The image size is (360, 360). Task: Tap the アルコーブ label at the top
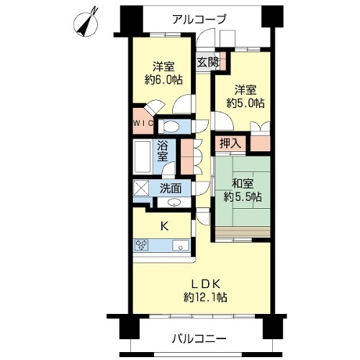click(x=199, y=19)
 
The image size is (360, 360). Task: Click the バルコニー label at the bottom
click(x=199, y=339)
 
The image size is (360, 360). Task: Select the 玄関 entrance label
click(x=208, y=62)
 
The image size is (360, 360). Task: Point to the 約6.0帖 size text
click(x=163, y=80)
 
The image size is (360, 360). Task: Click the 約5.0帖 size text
click(x=246, y=103)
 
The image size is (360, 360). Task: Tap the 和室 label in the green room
click(x=243, y=184)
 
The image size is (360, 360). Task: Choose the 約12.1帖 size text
click(x=205, y=297)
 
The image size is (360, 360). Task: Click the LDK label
click(x=205, y=284)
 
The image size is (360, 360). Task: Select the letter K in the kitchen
click(x=164, y=226)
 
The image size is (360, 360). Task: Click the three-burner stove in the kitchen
click(x=142, y=246)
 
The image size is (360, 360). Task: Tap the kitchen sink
click(x=181, y=246)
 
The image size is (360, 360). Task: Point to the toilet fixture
click(x=170, y=126)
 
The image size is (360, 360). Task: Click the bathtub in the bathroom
click(x=143, y=157)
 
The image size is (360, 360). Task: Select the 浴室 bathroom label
click(x=163, y=152)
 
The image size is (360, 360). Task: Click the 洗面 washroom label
click(x=171, y=189)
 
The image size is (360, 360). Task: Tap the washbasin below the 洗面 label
click(x=174, y=202)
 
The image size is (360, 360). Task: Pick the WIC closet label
click(x=143, y=123)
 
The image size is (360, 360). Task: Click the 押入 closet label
click(x=230, y=143)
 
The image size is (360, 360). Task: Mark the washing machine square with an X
click(x=141, y=188)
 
